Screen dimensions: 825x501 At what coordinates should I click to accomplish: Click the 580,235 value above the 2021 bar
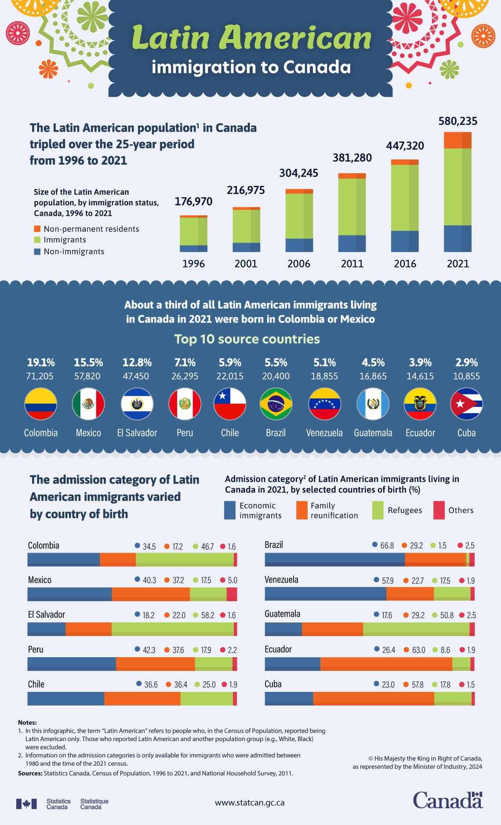pyautogui.click(x=457, y=121)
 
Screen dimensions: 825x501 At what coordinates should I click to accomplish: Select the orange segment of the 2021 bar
pyautogui.click(x=457, y=140)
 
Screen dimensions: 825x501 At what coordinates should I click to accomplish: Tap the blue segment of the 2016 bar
pyautogui.click(x=404, y=241)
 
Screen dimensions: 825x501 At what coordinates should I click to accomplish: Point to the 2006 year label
pyautogui.click(x=298, y=264)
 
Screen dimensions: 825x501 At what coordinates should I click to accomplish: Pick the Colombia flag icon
pyautogui.click(x=40, y=404)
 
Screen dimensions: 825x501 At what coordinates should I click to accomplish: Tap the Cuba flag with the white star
pyautogui.click(x=466, y=404)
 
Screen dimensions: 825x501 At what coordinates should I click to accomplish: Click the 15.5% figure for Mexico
pyautogui.click(x=88, y=362)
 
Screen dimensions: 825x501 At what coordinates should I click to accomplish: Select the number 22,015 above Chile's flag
pyautogui.click(x=230, y=376)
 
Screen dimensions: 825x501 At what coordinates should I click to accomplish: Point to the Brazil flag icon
pyautogui.click(x=276, y=404)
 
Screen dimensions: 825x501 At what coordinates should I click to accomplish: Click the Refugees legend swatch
pyautogui.click(x=378, y=510)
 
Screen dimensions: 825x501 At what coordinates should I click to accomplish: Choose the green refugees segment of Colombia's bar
pyautogui.click(x=185, y=559)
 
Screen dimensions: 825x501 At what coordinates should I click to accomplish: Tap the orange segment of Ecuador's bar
pyautogui.click(x=386, y=664)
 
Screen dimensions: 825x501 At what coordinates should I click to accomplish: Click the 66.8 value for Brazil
pyautogui.click(x=387, y=545)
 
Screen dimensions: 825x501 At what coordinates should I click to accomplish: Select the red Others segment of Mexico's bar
pyautogui.click(x=232, y=594)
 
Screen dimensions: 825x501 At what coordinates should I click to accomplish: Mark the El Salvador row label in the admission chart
pyautogui.click(x=46, y=614)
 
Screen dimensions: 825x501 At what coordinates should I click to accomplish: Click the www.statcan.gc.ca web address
pyautogui.click(x=250, y=803)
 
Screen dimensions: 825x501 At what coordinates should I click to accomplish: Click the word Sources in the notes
pyautogui.click(x=30, y=773)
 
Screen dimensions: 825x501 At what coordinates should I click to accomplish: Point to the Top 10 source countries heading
pyautogui.click(x=247, y=339)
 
